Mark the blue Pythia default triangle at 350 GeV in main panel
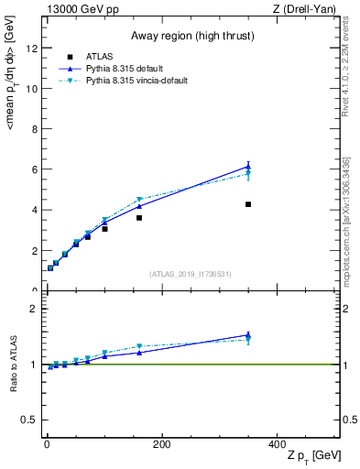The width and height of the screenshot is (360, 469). (x=248, y=167)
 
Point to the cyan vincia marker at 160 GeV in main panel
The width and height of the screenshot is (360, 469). (x=139, y=200)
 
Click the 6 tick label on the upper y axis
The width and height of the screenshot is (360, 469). (x=34, y=169)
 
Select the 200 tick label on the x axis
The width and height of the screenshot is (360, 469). (x=162, y=444)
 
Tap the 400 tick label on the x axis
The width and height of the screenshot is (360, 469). (x=278, y=444)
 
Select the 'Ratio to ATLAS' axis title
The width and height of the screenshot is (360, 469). (x=13, y=365)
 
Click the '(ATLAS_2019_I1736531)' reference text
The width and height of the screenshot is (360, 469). (x=191, y=274)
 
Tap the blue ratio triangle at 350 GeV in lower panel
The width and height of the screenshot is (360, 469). (x=248, y=336)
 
